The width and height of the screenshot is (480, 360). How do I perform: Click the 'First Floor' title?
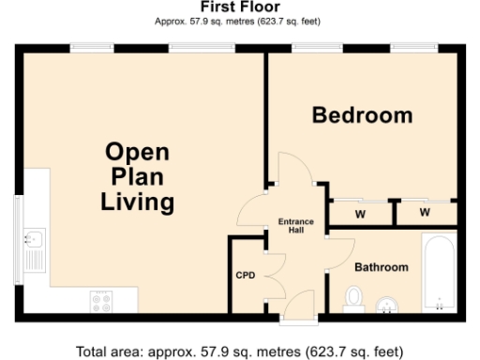240,7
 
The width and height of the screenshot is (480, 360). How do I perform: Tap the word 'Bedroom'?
362,115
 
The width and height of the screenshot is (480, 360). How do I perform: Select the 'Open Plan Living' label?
137,176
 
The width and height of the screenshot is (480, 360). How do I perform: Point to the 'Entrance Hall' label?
297,226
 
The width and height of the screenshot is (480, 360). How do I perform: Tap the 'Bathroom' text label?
381,267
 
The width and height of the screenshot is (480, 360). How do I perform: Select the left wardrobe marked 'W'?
359,214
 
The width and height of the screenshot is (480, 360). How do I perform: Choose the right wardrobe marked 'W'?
424,214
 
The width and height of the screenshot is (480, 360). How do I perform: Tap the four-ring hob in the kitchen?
101,301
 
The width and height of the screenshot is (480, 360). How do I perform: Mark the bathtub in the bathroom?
439,272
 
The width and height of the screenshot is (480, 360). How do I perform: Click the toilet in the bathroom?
353,297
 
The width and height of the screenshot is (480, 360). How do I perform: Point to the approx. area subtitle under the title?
240,20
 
